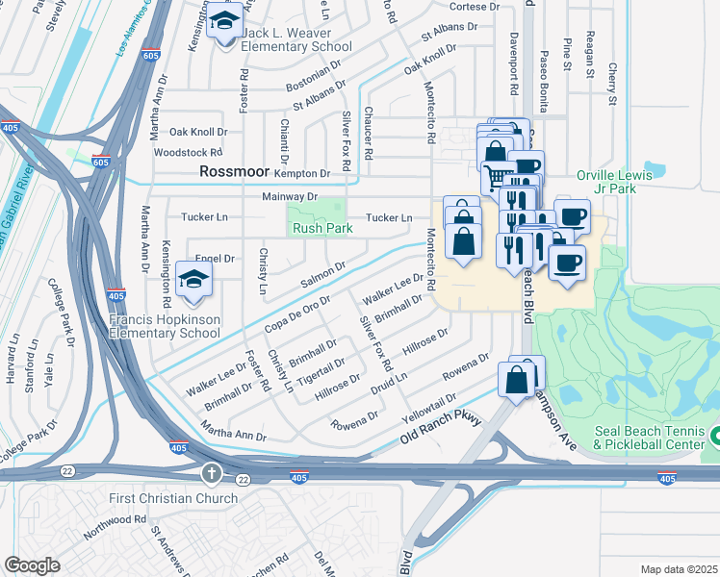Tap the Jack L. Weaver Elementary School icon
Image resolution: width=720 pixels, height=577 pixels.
tap(226, 20)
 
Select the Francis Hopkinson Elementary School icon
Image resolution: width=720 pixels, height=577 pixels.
tap(195, 280)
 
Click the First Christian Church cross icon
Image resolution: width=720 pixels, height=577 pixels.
tap(212, 474)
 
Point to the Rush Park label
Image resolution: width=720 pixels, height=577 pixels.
tap(322, 229)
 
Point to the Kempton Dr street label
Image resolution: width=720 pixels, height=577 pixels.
tap(302, 173)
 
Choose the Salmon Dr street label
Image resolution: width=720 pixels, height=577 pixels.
tap(322, 275)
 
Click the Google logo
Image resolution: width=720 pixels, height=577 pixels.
tap(32, 565)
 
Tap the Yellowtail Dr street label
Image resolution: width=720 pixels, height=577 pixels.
tap(429, 405)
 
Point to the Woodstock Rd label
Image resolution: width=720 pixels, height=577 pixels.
tap(188, 152)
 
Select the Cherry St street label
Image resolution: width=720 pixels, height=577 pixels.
tap(611, 85)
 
